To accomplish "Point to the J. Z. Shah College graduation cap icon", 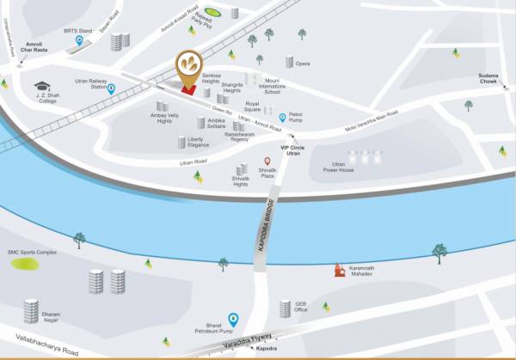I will [x=40, y=85].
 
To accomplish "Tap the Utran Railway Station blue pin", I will [x=111, y=88].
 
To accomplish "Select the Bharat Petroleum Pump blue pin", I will [x=232, y=319].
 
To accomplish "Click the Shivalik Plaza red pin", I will [x=267, y=162].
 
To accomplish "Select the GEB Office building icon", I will [x=285, y=308].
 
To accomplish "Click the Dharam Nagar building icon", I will [x=31, y=311].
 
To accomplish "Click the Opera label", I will [x=303, y=64].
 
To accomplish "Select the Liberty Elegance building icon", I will [x=181, y=142].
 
